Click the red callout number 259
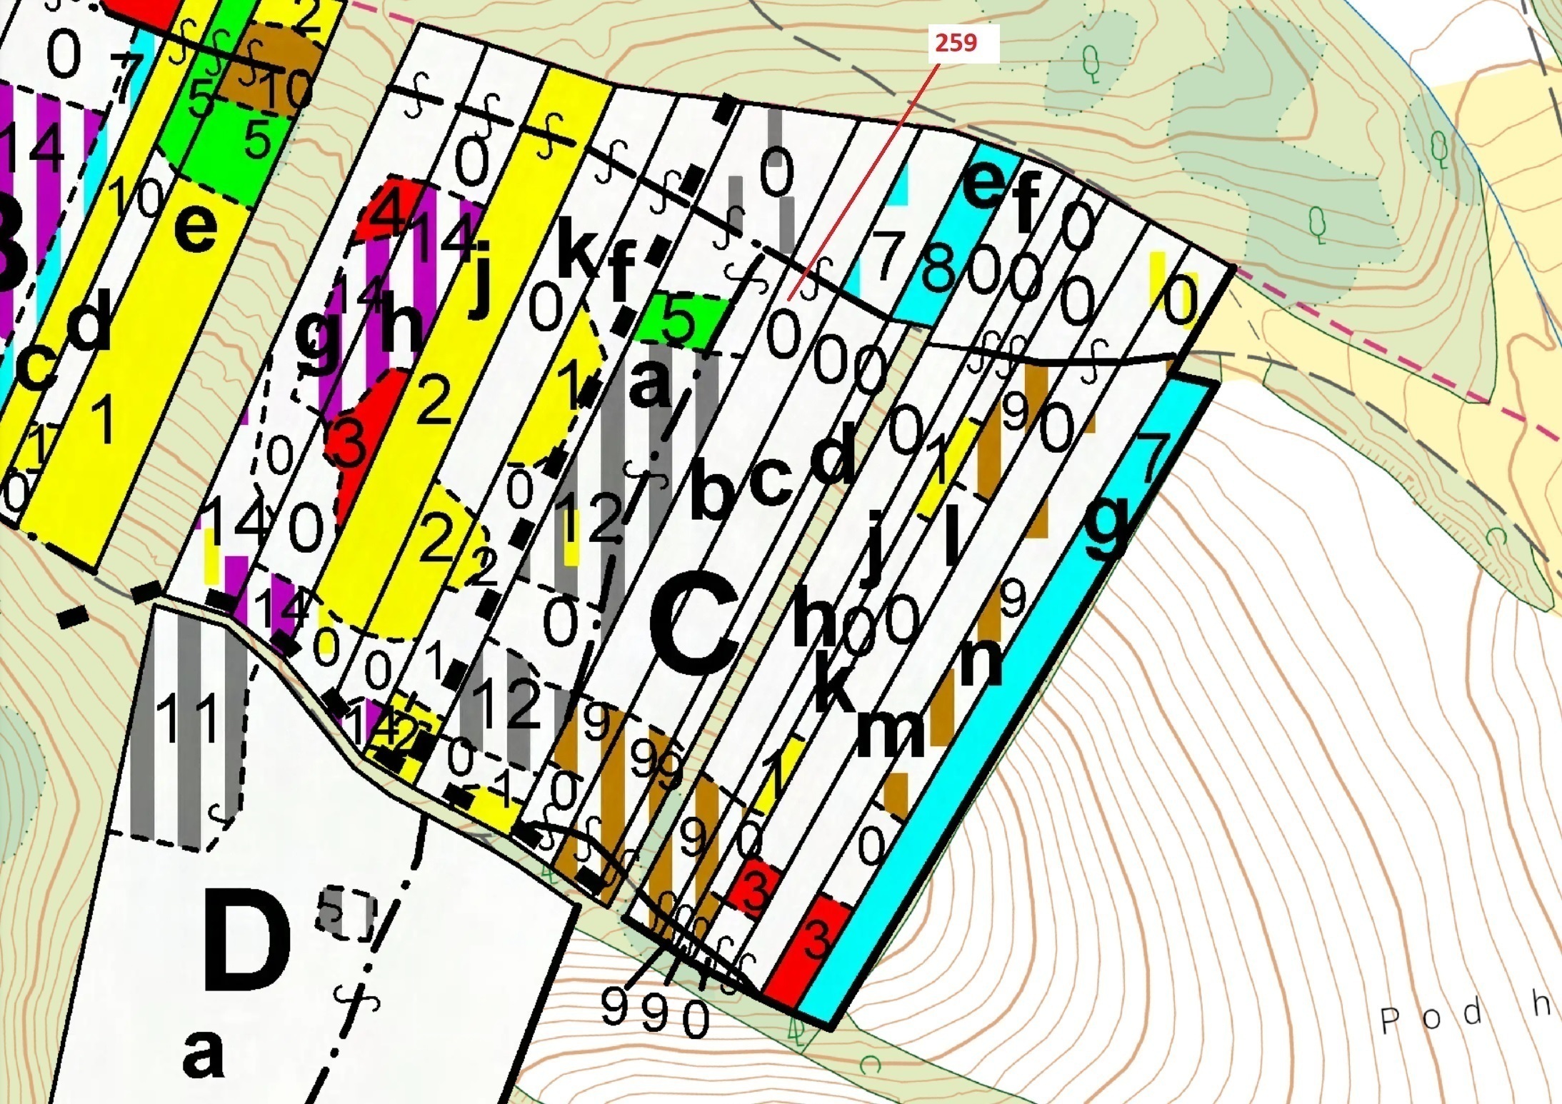click(956, 44)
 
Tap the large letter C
click(694, 626)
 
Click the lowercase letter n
click(981, 661)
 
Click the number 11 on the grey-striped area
click(186, 718)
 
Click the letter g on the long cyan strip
click(1106, 527)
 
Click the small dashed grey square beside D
click(346, 913)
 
